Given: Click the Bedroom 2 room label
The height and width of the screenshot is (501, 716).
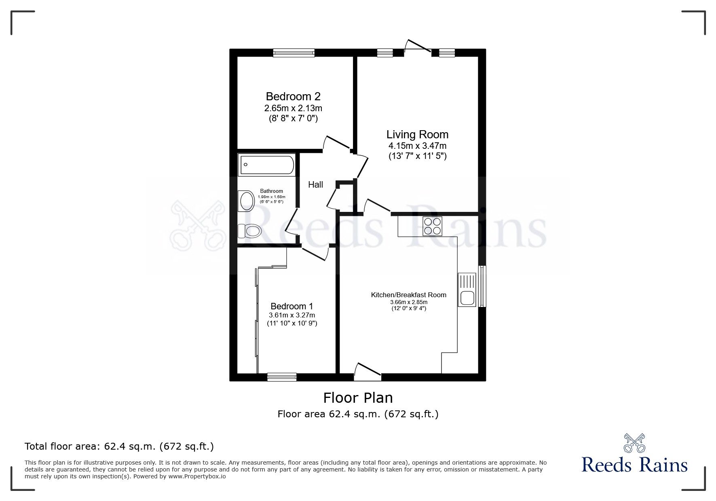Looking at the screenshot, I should tap(293, 97).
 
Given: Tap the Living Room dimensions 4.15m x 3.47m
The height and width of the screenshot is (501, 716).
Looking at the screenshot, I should tap(417, 146).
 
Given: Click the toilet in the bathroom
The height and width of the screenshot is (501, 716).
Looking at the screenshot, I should tap(249, 231).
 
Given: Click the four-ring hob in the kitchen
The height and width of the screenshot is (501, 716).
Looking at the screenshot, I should tap(432, 226).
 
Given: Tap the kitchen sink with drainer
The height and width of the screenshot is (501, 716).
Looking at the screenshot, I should tap(467, 290).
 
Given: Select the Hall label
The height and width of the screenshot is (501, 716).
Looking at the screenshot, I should tap(315, 185).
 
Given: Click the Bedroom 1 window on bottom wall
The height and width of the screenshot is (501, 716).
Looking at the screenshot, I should tap(282, 377).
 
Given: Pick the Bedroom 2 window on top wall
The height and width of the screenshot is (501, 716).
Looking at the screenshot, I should tap(294, 53).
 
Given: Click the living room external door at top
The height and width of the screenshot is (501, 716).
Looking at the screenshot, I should tap(418, 47).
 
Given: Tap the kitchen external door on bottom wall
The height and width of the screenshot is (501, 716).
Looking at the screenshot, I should tap(367, 372).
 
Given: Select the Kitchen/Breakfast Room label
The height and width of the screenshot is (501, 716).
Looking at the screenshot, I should tap(408, 295).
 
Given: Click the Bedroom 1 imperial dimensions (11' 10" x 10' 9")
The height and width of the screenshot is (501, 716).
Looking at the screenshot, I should tap(292, 323).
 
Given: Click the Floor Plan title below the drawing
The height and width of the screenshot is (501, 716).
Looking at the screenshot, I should tap(358, 398).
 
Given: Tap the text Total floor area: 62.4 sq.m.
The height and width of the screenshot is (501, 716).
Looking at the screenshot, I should tap(119, 446).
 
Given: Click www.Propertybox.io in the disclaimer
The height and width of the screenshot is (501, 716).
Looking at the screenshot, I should tap(197, 476).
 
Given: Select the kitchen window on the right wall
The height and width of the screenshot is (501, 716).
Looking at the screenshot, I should tap(482, 286).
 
